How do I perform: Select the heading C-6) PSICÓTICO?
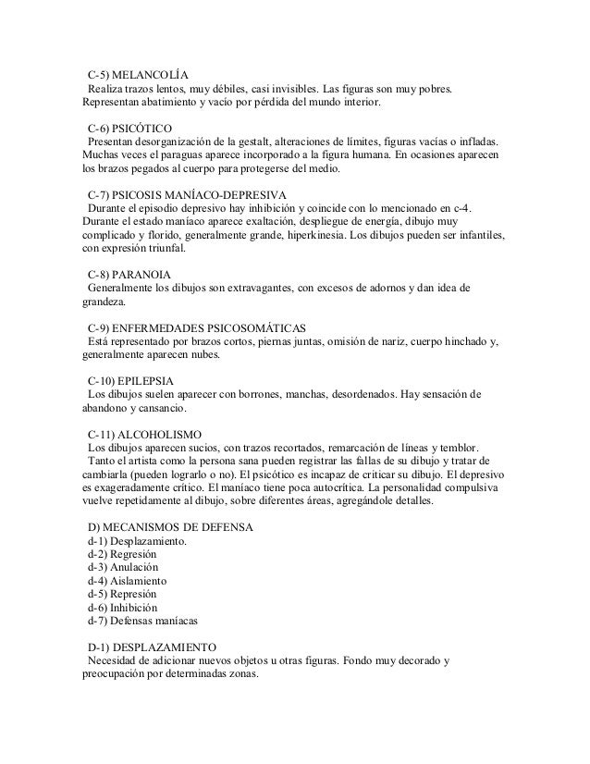pyautogui.click(x=129, y=128)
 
